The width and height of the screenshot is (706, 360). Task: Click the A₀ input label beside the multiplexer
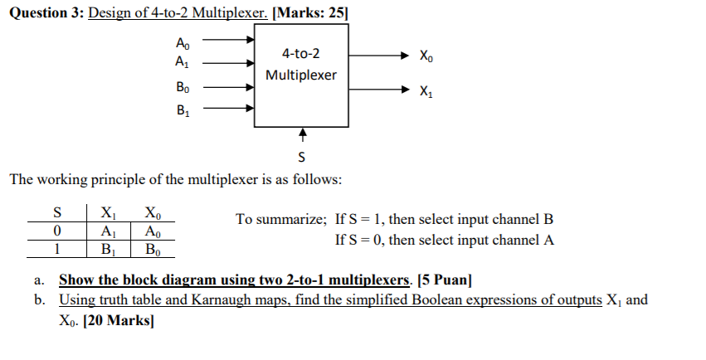coord(183,43)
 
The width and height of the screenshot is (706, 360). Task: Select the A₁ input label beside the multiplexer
coord(183,61)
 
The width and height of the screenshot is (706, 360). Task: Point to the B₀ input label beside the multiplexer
coord(183,86)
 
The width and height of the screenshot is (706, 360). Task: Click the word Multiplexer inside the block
coord(301,75)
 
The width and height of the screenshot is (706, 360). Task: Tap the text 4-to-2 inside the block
coord(300,54)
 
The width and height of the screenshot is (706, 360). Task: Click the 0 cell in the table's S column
coord(56,231)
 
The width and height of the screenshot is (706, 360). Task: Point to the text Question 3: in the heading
coord(41,12)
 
